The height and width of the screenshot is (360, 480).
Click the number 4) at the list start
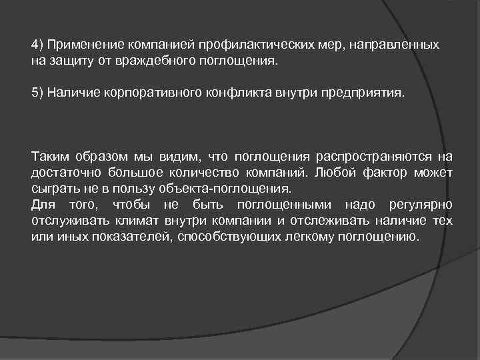pos(37,45)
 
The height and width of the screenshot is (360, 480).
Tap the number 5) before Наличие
pos(37,92)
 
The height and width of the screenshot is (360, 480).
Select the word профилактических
pos(253,45)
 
